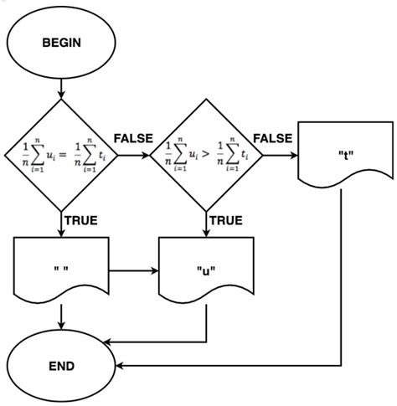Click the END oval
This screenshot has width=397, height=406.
coord(62,366)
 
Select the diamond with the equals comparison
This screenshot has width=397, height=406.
coord(62,155)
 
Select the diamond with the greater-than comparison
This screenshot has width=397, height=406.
coord(205,155)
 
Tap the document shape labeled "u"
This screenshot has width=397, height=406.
coord(205,271)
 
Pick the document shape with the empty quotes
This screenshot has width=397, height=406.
coord(62,271)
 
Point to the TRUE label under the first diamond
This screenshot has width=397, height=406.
coord(80,221)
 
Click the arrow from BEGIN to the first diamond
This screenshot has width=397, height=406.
coord(62,85)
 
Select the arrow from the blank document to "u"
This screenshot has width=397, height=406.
coord(133,271)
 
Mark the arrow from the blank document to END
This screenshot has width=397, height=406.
coord(62,314)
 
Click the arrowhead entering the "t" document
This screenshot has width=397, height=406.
coord(292,156)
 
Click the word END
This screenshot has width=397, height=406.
coord(62,366)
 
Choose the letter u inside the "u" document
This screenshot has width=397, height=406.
coord(205,271)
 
